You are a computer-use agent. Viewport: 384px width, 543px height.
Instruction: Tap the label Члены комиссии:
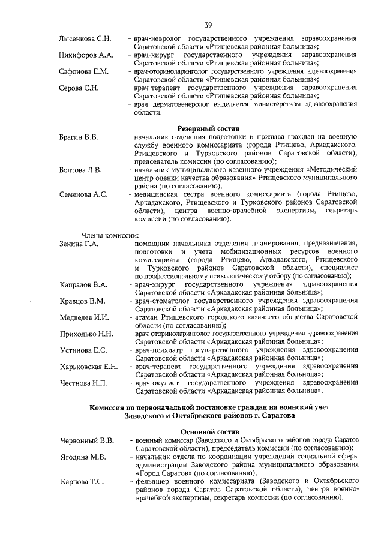tap(110, 235)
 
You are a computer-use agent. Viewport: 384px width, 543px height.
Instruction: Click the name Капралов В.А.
tap(83, 284)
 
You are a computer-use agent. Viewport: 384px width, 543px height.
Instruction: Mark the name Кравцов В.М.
tap(82, 301)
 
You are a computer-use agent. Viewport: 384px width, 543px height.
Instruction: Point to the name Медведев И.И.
tap(83, 317)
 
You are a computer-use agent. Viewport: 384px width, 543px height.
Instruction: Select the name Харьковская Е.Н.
tap(89, 367)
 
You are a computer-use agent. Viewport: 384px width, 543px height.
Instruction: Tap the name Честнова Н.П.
tap(82, 383)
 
